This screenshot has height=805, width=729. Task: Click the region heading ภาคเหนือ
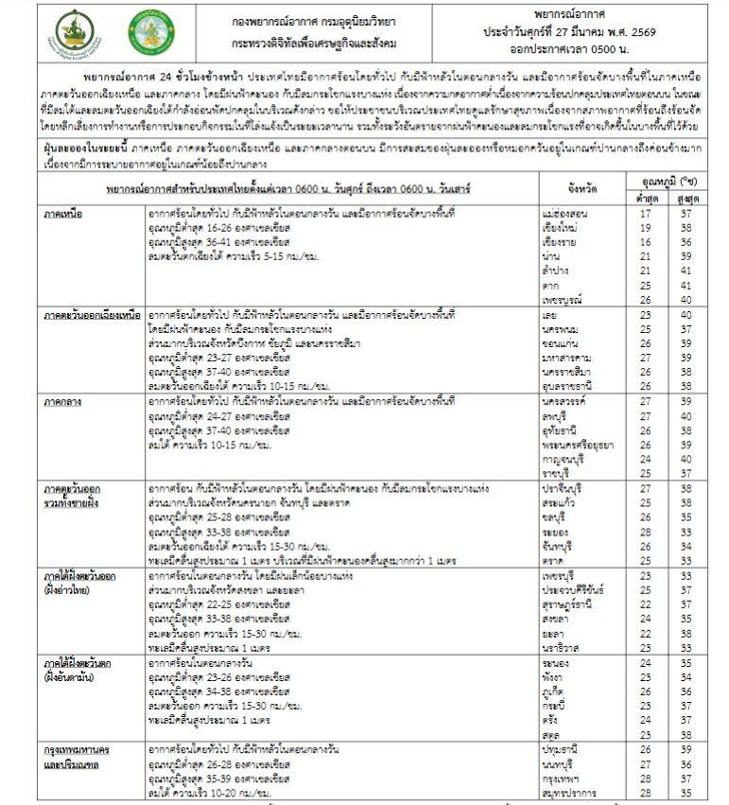pos(62,214)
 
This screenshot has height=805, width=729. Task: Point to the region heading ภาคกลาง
pos(62,402)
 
